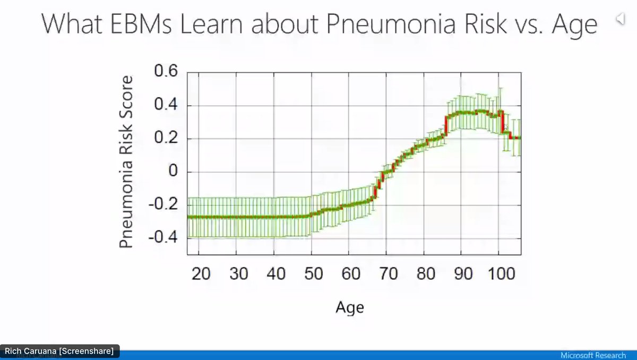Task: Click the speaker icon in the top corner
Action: [x=620, y=20]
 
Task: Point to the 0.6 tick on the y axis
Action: [x=166, y=72]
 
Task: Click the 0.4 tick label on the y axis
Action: [x=166, y=105]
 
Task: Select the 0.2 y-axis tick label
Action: [x=166, y=139]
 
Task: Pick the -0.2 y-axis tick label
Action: [x=163, y=205]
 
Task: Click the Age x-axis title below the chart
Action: [x=350, y=306]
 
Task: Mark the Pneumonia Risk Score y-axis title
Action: [x=126, y=162]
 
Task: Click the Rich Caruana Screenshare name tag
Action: [x=59, y=351]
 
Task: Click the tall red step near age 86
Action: [x=446, y=125]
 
